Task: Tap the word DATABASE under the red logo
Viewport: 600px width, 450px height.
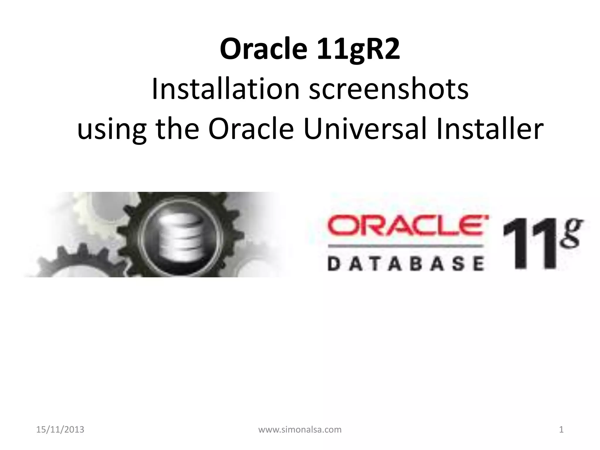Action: (405, 264)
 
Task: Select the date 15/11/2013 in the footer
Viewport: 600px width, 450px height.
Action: (60, 430)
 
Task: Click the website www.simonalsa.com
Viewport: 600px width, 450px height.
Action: (300, 430)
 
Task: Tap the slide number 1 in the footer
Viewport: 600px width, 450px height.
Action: (561, 430)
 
